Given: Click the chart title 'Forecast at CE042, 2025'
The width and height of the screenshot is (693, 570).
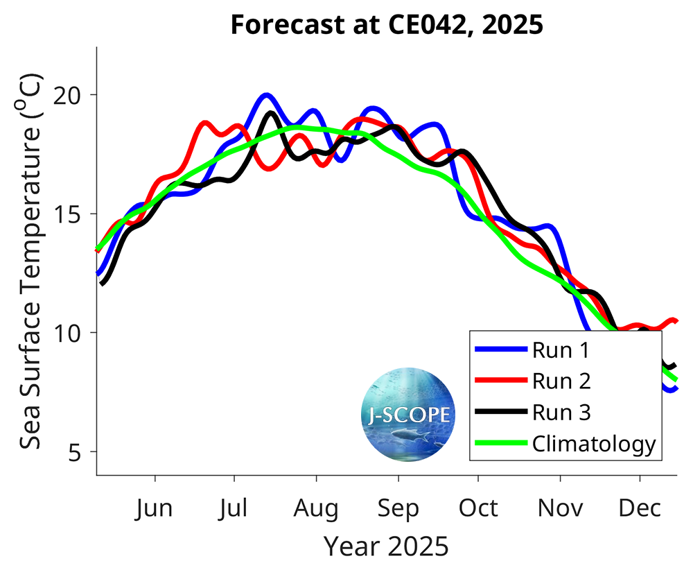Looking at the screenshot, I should point(386,25).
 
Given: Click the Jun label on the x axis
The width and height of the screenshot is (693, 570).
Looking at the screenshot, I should point(155,508).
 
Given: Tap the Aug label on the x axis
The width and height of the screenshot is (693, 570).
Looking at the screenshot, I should point(316,508).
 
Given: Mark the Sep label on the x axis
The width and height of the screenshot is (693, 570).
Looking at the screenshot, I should point(398,508).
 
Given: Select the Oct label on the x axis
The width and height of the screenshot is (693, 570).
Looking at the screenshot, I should point(478,508).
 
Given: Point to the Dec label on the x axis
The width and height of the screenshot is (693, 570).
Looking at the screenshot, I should point(640,508).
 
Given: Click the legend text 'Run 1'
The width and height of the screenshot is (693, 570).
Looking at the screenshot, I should point(561,350).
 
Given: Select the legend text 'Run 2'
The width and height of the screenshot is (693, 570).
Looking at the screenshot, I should point(561,381).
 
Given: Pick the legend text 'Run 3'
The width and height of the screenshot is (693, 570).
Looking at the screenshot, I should point(561,413).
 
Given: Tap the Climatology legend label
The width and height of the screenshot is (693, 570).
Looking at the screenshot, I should point(593,444).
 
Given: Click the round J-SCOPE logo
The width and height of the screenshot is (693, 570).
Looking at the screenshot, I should point(409,415).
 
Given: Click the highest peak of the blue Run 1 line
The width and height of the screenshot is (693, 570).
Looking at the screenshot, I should point(267,95).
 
